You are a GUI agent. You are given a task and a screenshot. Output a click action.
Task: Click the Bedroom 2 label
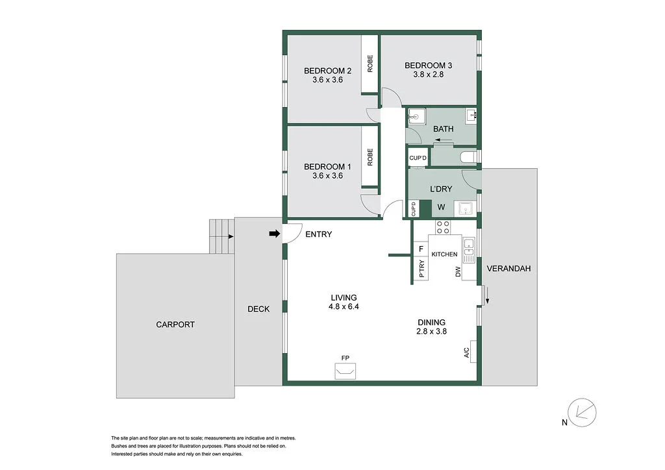click(328, 71)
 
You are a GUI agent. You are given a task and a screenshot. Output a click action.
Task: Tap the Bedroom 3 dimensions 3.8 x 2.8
click(428, 75)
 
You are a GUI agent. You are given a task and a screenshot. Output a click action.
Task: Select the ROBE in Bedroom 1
click(370, 157)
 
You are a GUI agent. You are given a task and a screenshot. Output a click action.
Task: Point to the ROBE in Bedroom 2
click(370, 63)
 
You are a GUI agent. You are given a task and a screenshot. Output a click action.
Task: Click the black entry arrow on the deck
click(275, 234)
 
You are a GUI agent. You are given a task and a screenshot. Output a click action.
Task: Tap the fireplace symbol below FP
click(344, 371)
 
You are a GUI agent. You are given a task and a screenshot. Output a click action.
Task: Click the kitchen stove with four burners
click(443, 227)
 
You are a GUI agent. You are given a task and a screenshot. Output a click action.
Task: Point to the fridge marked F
click(421, 249)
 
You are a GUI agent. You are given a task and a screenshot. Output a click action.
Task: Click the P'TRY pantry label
click(421, 269)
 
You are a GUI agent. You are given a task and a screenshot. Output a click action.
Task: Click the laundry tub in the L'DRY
click(465, 208)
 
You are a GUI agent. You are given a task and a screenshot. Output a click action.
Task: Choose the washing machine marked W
click(441, 208)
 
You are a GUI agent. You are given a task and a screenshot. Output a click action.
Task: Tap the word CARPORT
click(175, 325)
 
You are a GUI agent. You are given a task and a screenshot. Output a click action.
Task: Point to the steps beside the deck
click(220, 236)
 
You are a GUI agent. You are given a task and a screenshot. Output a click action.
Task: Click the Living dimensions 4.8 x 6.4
click(342, 307)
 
